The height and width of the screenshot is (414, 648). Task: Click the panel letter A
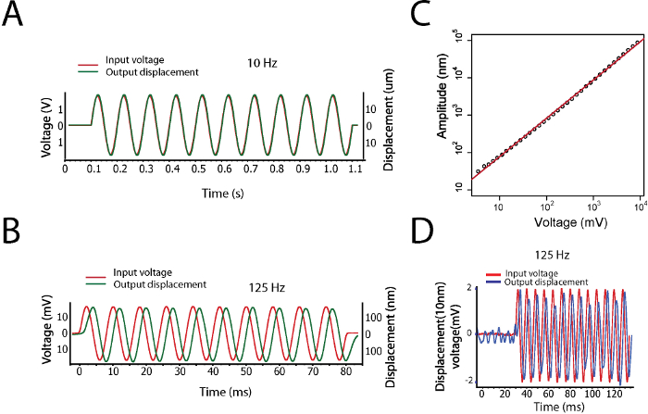click(x=15, y=18)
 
